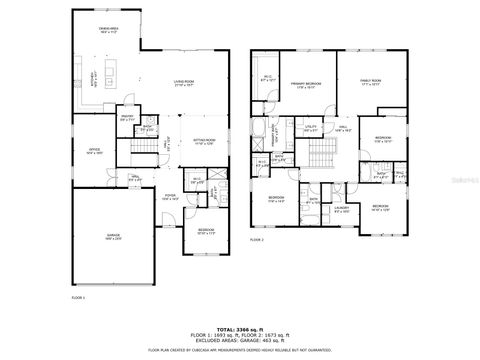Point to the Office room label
tap(94, 152)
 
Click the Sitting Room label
tap(204, 143)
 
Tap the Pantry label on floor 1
tap(128, 117)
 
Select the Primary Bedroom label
tap(305, 86)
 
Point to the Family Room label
tap(371, 86)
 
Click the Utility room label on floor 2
tap(311, 129)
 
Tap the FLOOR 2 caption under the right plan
tap(256, 240)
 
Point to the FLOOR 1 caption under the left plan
tap(79, 298)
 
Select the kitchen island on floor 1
tap(109, 75)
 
